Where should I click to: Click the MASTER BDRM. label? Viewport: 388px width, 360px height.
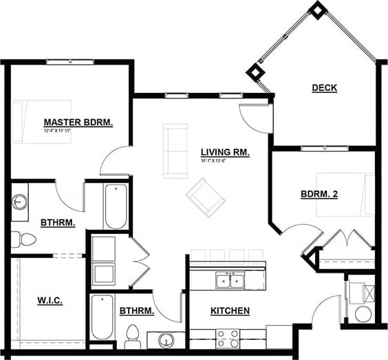pyautogui.click(x=78, y=122)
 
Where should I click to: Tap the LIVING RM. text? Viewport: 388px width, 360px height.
pyautogui.click(x=225, y=152)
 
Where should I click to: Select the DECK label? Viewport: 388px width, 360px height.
pyautogui.click(x=324, y=87)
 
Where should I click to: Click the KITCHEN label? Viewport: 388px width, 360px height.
pyautogui.click(x=230, y=311)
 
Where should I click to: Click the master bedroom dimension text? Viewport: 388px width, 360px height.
pyautogui.click(x=58, y=130)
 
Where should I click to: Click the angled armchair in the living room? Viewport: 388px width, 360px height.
pyautogui.click(x=206, y=196)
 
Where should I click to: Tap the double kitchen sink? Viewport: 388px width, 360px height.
pyautogui.click(x=229, y=280)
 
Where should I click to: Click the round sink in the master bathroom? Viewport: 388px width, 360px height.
pyautogui.click(x=19, y=202)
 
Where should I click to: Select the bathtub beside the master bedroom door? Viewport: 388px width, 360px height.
pyautogui.click(x=116, y=206)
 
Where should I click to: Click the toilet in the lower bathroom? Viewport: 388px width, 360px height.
pyautogui.click(x=133, y=337)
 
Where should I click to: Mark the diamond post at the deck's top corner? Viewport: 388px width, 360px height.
pyautogui.click(x=317, y=10)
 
